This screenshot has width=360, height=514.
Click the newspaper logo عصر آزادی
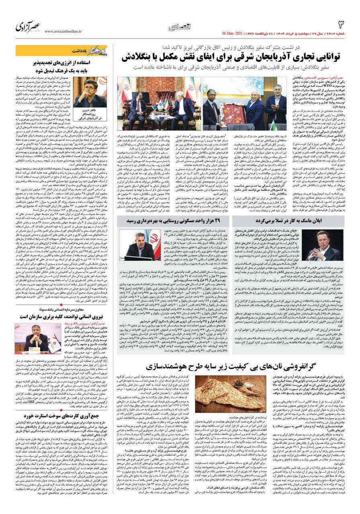28,27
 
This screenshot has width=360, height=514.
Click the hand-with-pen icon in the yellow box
98,51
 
